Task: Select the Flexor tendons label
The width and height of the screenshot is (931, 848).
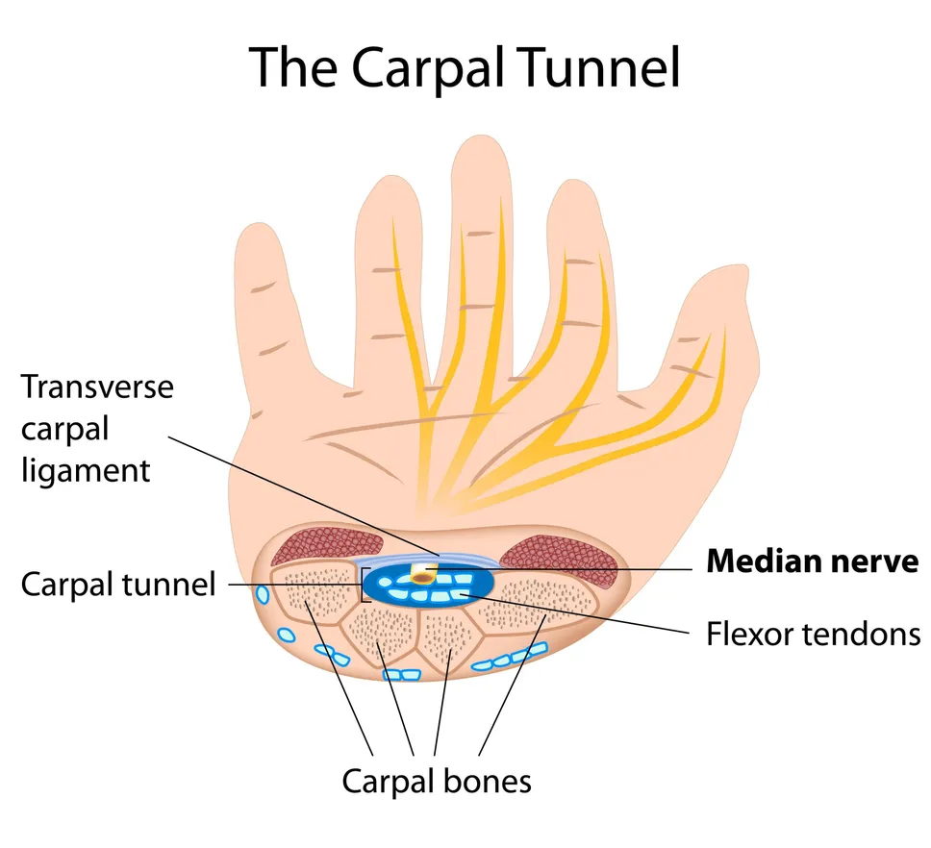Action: [813, 634]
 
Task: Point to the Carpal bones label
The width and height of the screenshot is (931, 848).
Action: [437, 781]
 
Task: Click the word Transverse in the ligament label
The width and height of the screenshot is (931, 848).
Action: [97, 387]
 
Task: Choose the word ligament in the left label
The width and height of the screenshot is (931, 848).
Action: [87, 470]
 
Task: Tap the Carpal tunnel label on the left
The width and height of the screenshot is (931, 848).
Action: [118, 584]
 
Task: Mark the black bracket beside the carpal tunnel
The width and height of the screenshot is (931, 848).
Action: [364, 584]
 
